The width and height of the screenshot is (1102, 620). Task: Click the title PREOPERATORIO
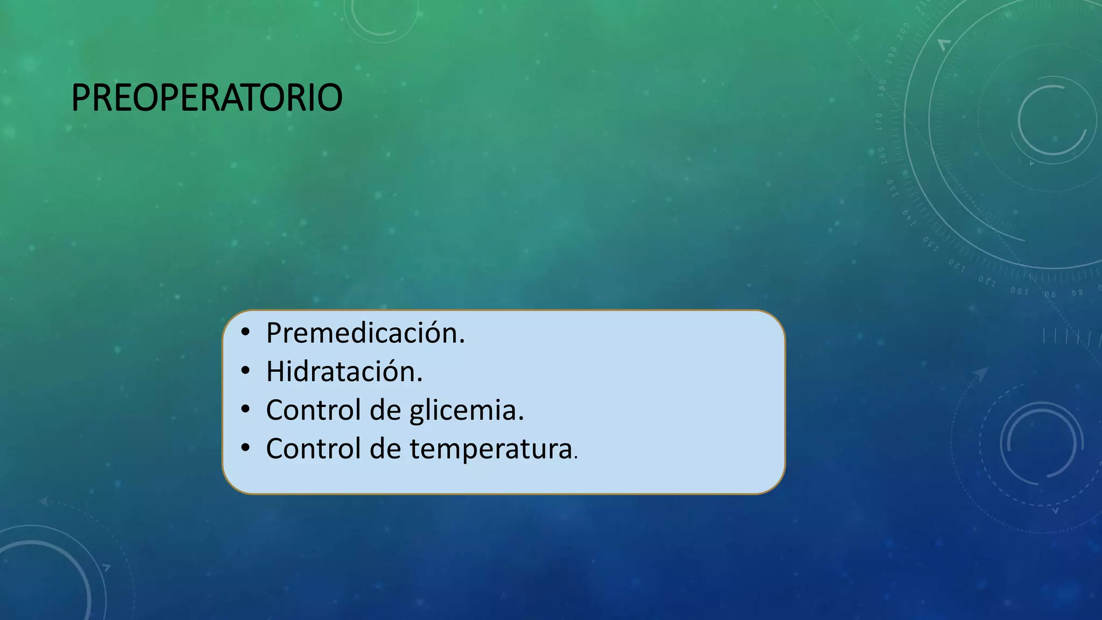207,98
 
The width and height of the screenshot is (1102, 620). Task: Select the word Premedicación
365,333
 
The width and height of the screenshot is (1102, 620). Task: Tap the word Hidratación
344,371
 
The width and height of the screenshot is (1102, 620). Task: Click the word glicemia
466,410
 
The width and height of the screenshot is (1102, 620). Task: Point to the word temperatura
491,449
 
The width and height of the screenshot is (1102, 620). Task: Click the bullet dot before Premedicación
245,332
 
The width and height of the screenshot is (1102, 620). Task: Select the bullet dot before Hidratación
245,371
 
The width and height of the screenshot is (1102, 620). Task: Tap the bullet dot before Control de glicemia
245,410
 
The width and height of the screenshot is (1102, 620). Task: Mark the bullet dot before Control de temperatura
245,448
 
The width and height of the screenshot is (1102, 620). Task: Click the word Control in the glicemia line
313,410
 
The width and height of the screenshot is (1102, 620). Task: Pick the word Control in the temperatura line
313,449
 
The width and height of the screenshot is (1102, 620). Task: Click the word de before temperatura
385,449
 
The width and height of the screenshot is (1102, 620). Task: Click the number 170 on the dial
879,122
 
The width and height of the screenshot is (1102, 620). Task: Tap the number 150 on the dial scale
892,188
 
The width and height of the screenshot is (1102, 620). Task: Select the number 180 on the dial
882,88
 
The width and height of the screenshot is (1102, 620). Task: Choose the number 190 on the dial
892,56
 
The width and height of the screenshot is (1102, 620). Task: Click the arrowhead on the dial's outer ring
944,44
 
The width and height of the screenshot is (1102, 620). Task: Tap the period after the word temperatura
576,457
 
